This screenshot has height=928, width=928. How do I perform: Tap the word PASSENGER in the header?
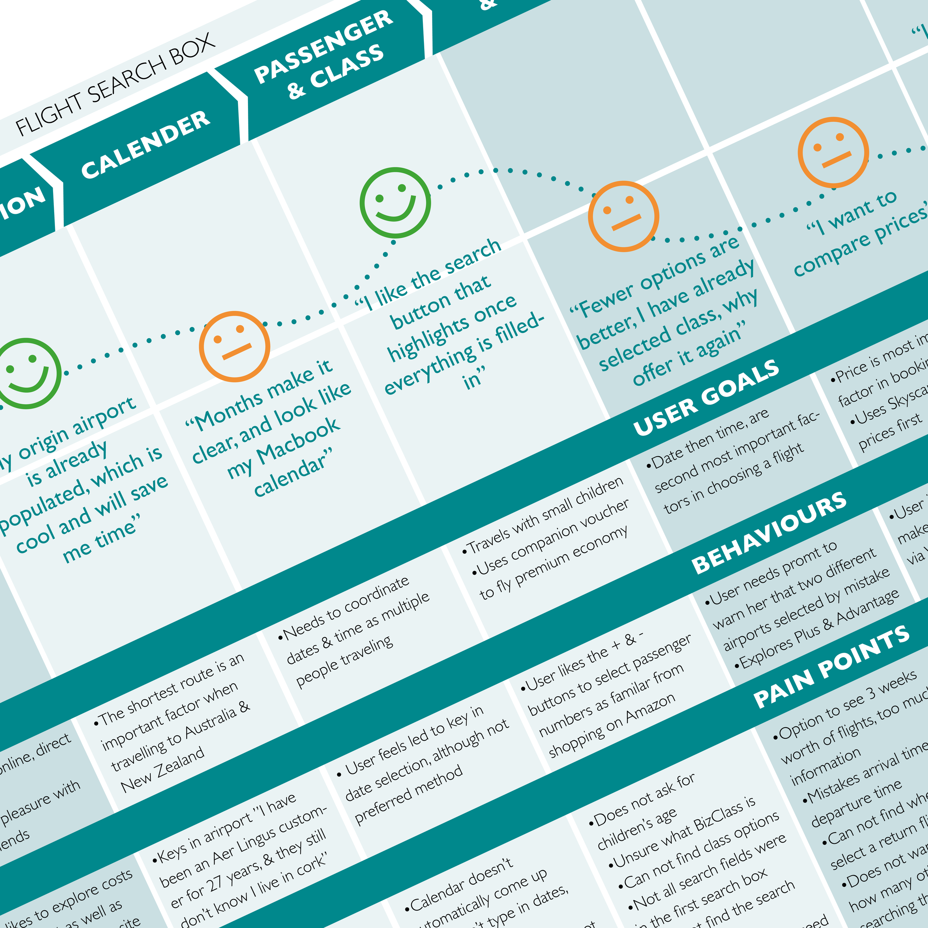(323, 46)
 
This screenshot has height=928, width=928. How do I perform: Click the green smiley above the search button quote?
(395, 202)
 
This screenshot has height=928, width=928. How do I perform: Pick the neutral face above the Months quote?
(234, 346)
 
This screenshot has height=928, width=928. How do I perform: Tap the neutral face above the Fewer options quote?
(624, 216)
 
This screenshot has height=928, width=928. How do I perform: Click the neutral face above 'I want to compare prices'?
(833, 152)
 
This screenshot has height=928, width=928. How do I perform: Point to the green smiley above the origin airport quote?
(26, 373)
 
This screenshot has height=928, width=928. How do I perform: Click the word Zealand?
(180, 767)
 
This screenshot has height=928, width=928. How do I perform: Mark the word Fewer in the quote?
(607, 300)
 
